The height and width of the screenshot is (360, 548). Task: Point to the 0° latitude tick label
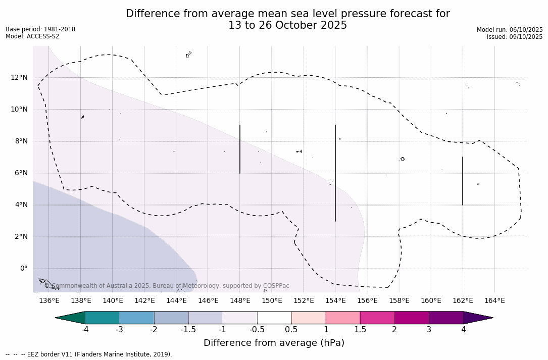tap(23, 269)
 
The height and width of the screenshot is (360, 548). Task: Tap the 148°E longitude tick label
tap(240, 301)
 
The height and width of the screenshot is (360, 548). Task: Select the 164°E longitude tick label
tap(494, 301)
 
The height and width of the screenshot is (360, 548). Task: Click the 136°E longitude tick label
tap(49, 301)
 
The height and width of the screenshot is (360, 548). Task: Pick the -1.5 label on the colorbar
tap(188, 330)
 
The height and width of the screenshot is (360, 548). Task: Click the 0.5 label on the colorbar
tap(291, 330)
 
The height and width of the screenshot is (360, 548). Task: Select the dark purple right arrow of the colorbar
tap(477, 318)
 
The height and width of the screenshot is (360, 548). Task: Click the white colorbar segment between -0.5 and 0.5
tap(274, 318)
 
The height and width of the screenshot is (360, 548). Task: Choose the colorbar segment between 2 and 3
tap(412, 318)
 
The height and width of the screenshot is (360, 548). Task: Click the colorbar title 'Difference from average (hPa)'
tap(274, 343)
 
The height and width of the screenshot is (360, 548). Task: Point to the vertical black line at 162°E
tap(463, 181)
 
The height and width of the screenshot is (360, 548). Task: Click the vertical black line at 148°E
tap(240, 149)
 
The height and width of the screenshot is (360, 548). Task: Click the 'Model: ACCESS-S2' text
tap(32, 36)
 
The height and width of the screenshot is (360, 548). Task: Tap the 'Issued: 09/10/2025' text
tap(515, 37)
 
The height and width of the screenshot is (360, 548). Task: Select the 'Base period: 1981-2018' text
tap(40, 29)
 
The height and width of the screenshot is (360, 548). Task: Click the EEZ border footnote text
tap(89, 354)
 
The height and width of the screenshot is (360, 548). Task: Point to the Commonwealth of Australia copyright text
tap(167, 286)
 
